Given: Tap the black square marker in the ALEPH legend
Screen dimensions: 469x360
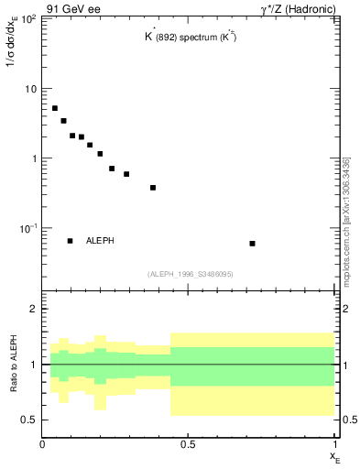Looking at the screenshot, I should point(70,241).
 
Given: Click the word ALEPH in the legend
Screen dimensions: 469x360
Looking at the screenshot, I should point(101,241).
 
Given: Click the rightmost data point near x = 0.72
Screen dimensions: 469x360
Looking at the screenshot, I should point(252,244).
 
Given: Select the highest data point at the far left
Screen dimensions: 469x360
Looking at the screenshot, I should point(55,108).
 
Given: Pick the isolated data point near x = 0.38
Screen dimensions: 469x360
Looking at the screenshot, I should point(153,188).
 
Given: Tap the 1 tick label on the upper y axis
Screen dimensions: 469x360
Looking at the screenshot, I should point(34,158).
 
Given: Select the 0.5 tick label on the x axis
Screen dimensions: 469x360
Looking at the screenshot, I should point(188,444).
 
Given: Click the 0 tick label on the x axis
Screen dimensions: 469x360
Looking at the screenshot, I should point(43,444).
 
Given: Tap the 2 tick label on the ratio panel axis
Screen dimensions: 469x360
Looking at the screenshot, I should point(34,310).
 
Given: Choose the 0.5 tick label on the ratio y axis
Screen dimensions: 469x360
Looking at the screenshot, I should point(30,420).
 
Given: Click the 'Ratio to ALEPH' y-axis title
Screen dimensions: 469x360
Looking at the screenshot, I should point(14,365).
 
